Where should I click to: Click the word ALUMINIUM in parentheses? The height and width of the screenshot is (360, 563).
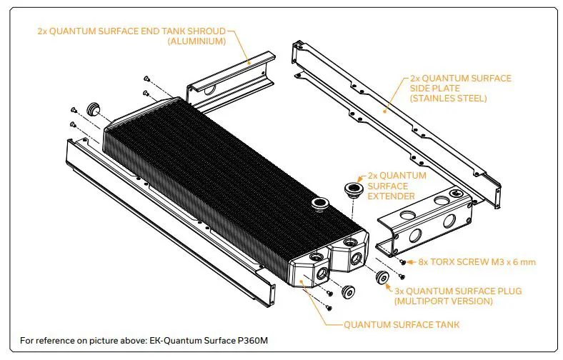(x=196, y=42)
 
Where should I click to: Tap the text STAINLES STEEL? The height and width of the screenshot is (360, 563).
(x=448, y=99)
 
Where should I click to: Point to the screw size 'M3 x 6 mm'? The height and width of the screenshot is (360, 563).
(x=510, y=262)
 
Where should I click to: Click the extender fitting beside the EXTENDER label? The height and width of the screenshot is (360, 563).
(x=352, y=189)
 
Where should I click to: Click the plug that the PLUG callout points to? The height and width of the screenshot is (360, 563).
(x=382, y=278)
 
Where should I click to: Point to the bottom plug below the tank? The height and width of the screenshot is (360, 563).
(x=349, y=291)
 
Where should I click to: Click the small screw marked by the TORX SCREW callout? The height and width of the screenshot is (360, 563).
(x=402, y=263)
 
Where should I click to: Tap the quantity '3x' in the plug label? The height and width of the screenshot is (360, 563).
(x=400, y=291)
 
